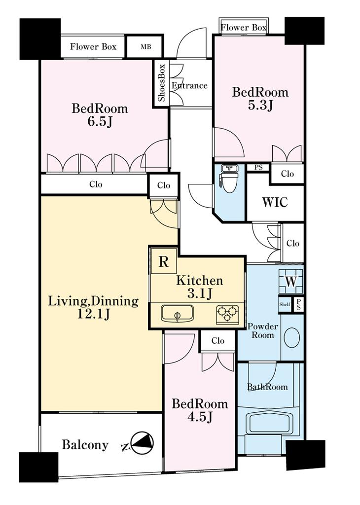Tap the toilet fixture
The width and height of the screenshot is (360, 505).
click(229, 179)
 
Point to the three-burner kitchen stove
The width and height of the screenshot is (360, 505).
click(227, 313)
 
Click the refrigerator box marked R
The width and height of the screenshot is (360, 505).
click(164, 261)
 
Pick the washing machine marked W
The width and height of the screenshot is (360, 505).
click(291, 281)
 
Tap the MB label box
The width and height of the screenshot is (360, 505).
click(145, 46)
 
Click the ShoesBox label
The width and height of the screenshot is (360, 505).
click(161, 83)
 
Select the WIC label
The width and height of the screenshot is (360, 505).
click(275, 203)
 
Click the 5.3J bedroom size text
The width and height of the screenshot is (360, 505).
click(260, 106)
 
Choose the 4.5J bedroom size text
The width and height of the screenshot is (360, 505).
click(200, 417)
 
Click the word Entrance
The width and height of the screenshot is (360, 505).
click(189, 86)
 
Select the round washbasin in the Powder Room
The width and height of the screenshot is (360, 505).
click(292, 337)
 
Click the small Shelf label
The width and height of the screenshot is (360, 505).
click(285, 304)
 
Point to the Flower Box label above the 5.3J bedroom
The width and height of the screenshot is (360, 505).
click(244, 28)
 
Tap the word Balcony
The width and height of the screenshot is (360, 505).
click(85, 445)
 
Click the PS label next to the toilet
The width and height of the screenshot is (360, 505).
click(258, 168)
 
